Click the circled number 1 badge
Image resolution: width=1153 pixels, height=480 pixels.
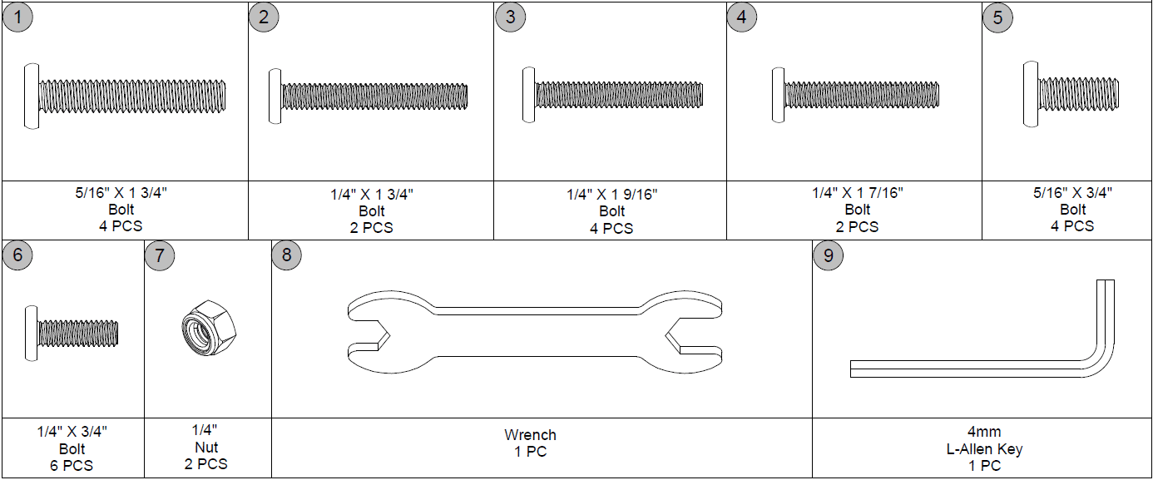click(17, 17)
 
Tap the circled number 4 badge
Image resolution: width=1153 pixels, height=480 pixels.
click(742, 17)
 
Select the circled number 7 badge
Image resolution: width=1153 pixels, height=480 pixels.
click(160, 255)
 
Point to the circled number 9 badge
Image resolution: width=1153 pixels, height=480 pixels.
click(828, 255)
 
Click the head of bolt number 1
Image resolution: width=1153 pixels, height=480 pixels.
click(31, 96)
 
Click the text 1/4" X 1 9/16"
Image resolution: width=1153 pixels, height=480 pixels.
click(612, 195)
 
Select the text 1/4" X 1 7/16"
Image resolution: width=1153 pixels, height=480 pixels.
click(858, 193)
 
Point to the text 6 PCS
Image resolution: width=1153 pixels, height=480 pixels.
click(72, 465)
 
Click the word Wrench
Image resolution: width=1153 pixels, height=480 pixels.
click(530, 435)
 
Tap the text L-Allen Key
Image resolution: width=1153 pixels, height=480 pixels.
click(984, 449)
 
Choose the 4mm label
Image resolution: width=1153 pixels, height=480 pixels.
click(984, 432)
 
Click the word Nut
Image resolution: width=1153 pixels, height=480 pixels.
click(205, 448)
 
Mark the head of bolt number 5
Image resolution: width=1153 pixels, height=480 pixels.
click(1031, 94)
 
